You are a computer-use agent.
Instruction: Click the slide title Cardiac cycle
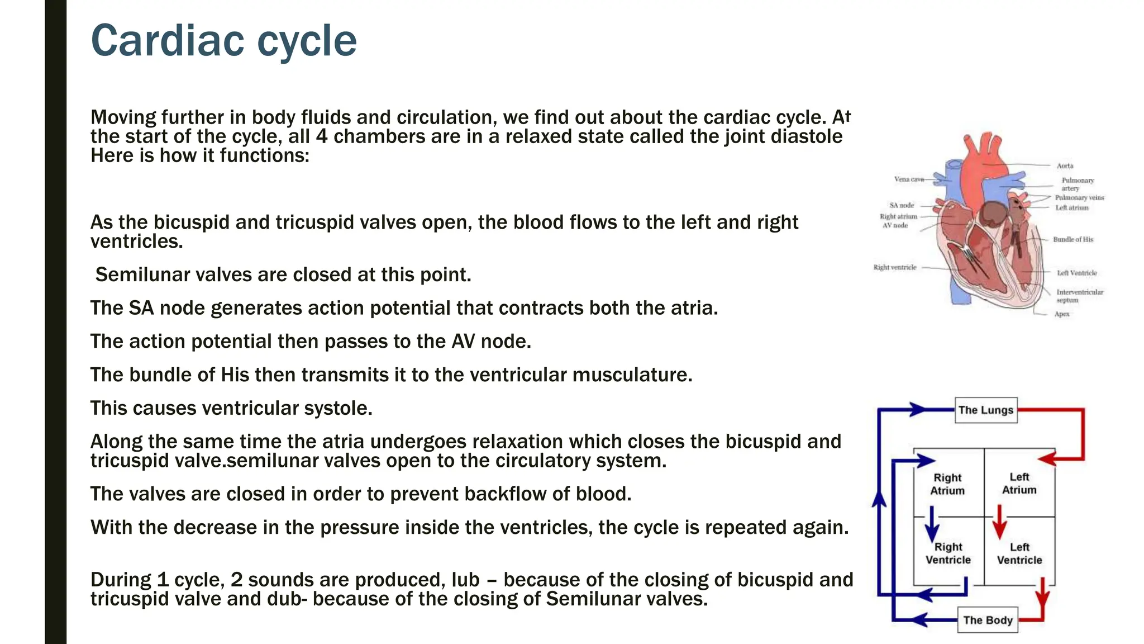(223, 41)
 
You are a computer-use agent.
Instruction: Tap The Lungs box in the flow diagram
(985, 410)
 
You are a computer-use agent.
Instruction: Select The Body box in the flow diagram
(988, 620)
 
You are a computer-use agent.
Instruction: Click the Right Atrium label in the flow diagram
(947, 484)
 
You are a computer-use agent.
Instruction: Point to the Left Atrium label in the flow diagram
(1019, 484)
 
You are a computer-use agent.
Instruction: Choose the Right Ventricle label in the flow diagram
(948, 553)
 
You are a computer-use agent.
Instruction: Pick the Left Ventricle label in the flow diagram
(1019, 553)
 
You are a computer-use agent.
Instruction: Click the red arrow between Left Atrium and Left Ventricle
(999, 521)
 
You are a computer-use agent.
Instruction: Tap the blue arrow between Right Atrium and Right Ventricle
(932, 524)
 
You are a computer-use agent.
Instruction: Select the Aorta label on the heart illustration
(1065, 166)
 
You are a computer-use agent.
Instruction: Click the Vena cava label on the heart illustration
(909, 179)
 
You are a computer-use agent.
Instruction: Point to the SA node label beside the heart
(902, 206)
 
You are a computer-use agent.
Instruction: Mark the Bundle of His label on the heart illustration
(1073, 239)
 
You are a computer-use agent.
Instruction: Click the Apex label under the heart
(1062, 314)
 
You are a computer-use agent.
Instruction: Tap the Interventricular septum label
(1079, 296)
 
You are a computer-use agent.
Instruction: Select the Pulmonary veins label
(1079, 197)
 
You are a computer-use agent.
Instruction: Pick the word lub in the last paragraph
(465, 580)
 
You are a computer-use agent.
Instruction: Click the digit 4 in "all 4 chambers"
(321, 136)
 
